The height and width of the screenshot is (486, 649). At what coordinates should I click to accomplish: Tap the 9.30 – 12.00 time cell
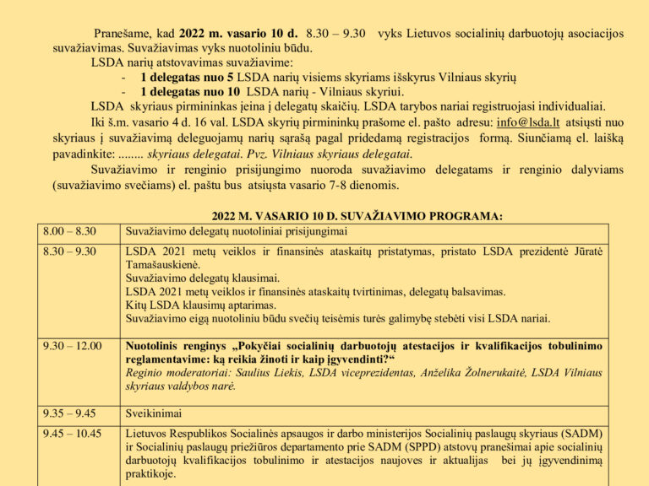pyautogui.click(x=72, y=346)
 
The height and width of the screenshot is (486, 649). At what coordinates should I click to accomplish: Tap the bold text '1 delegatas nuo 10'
pyautogui.click(x=190, y=91)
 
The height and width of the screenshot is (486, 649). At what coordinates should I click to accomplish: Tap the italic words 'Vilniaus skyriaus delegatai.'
pyautogui.click(x=334, y=154)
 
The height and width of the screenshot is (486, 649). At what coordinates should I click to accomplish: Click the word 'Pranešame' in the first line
pyautogui.click(x=121, y=33)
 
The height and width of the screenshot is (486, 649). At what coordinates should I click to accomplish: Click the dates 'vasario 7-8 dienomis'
pyautogui.click(x=341, y=184)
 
